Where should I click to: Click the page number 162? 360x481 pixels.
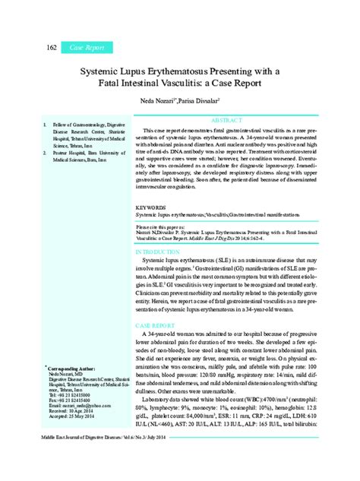[x=31, y=48]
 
